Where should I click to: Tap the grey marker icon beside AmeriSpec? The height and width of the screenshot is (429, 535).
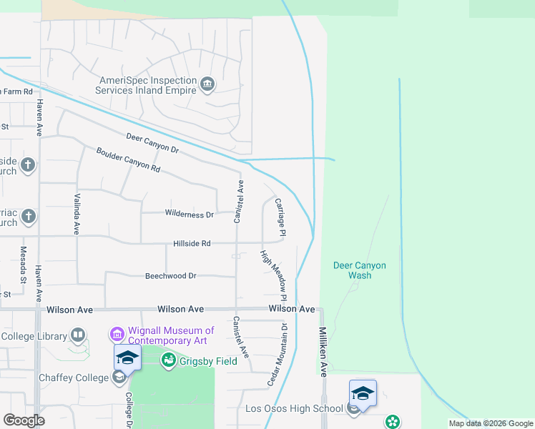point(207,85)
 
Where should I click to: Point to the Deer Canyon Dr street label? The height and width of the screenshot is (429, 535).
point(152,142)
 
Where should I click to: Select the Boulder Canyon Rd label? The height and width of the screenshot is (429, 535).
point(128,159)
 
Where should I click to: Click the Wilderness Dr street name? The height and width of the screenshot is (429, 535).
point(190,214)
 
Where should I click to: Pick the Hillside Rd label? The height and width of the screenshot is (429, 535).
point(192,244)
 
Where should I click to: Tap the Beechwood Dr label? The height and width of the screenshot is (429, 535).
point(170,275)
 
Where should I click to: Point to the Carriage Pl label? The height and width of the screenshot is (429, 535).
point(280,217)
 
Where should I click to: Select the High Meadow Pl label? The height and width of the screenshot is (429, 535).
point(273,275)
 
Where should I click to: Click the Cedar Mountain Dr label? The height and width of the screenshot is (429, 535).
point(278,355)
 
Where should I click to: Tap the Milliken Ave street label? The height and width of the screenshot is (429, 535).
point(323,352)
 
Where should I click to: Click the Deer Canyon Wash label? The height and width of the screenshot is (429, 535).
point(359,270)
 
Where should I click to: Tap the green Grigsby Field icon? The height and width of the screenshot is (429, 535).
point(169,360)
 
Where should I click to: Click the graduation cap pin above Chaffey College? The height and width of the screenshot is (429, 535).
point(127,357)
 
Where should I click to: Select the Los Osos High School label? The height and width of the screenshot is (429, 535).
point(295,409)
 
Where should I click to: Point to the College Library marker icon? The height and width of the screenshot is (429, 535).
point(77,335)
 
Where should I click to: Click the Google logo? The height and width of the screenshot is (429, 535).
point(24,420)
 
